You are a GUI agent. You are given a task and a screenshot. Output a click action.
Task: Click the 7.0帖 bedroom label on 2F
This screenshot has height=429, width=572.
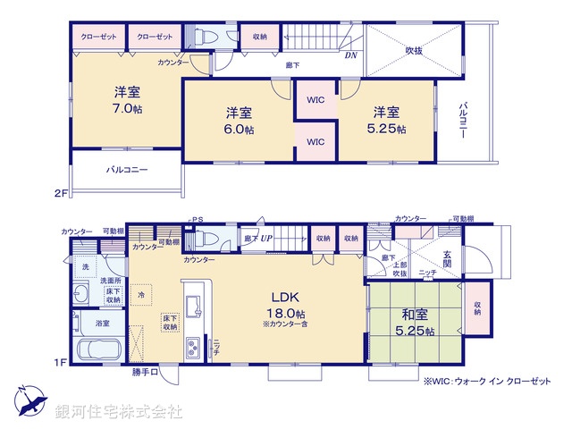pyautogui.click(x=126, y=99)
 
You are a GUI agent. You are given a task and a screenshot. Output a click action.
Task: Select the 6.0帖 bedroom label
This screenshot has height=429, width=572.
pyautogui.click(x=238, y=121)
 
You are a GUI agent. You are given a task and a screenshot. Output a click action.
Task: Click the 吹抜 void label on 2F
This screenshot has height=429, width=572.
pyautogui.click(x=414, y=50)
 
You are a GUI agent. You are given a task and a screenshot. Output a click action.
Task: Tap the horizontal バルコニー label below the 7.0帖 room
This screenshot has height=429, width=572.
pyautogui.click(x=127, y=169)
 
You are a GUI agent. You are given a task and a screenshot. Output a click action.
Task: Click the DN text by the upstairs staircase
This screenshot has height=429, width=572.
pyautogui.click(x=349, y=55)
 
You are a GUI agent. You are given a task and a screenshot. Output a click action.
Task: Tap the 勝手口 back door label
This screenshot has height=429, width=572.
pyautogui.click(x=145, y=371)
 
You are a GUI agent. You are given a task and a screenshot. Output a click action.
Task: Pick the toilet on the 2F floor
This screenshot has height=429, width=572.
pyautogui.click(x=204, y=38)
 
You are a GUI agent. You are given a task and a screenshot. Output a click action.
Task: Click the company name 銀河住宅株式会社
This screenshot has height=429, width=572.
pyautogui.click(x=118, y=412)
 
